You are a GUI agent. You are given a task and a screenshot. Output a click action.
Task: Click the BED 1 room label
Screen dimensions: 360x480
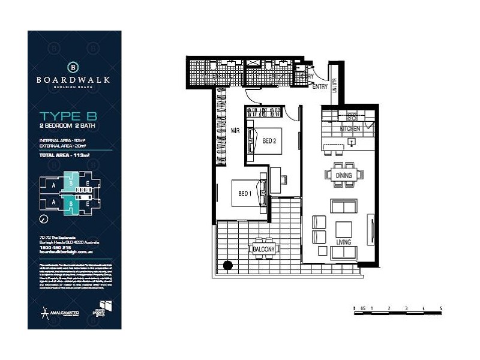coord(244,193)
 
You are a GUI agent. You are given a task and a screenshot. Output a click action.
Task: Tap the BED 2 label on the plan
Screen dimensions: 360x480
coord(269,141)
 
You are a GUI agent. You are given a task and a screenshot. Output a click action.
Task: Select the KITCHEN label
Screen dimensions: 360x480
coord(350,128)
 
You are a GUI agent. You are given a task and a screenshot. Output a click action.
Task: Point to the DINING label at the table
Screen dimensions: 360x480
coord(344,175)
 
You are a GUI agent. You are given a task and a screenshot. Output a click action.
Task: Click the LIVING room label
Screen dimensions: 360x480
coord(344,242)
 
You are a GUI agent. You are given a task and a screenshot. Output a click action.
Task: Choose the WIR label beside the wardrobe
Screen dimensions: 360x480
coord(236,130)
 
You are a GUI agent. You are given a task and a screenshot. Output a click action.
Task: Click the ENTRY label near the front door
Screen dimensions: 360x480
coord(320,87)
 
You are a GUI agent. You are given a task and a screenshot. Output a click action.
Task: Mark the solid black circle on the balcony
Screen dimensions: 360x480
coord(227,265)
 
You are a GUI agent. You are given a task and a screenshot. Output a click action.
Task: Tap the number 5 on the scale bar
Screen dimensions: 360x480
coord(440,308)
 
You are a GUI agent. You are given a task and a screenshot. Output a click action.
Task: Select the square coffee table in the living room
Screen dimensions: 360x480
coord(344,229)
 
